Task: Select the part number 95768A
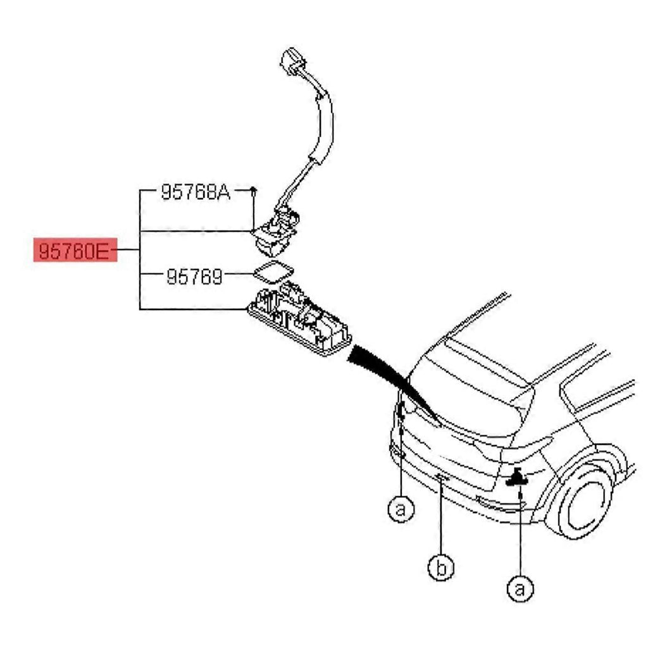click(x=196, y=192)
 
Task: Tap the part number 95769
click(x=195, y=277)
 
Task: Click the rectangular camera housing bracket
click(x=299, y=318)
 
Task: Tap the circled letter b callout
click(x=441, y=567)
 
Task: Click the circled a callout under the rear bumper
click(x=401, y=508)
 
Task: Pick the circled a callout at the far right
click(x=520, y=588)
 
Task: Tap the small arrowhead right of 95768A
click(x=253, y=190)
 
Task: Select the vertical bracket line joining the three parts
click(x=140, y=249)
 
